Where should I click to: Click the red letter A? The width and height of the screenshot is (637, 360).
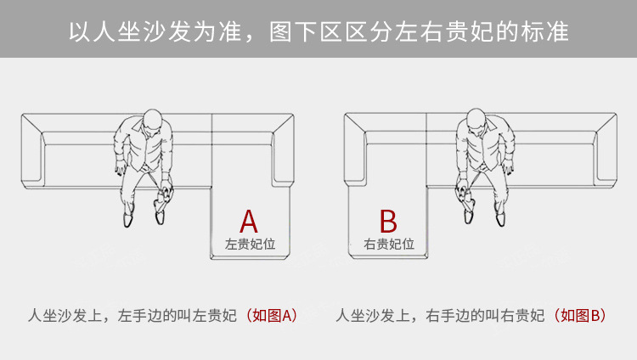pos(249,222)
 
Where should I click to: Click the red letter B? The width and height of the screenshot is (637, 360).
pos(388,222)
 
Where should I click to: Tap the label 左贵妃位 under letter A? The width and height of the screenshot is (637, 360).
pos(251,244)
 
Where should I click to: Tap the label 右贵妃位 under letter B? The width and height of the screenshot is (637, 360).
pos(389,244)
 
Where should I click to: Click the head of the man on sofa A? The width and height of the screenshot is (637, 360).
pos(152,121)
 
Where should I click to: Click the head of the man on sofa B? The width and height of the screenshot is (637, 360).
pos(476,121)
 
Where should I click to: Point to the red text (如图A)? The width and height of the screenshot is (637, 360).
pos(272,315)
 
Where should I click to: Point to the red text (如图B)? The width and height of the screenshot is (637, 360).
pos(580,315)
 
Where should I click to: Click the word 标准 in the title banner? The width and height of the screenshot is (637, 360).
pos(544,31)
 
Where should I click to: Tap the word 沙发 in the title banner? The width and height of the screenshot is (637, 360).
pos(167,31)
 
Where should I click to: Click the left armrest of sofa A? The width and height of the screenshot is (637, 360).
pos(31,151)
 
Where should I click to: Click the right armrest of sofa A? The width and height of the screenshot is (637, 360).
pos(283,150)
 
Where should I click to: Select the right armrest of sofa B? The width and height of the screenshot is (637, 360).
pos(606,150)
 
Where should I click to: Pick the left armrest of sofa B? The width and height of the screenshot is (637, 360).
pos(355,150)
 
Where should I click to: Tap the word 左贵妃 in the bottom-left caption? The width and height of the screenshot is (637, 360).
pos(214,315)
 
